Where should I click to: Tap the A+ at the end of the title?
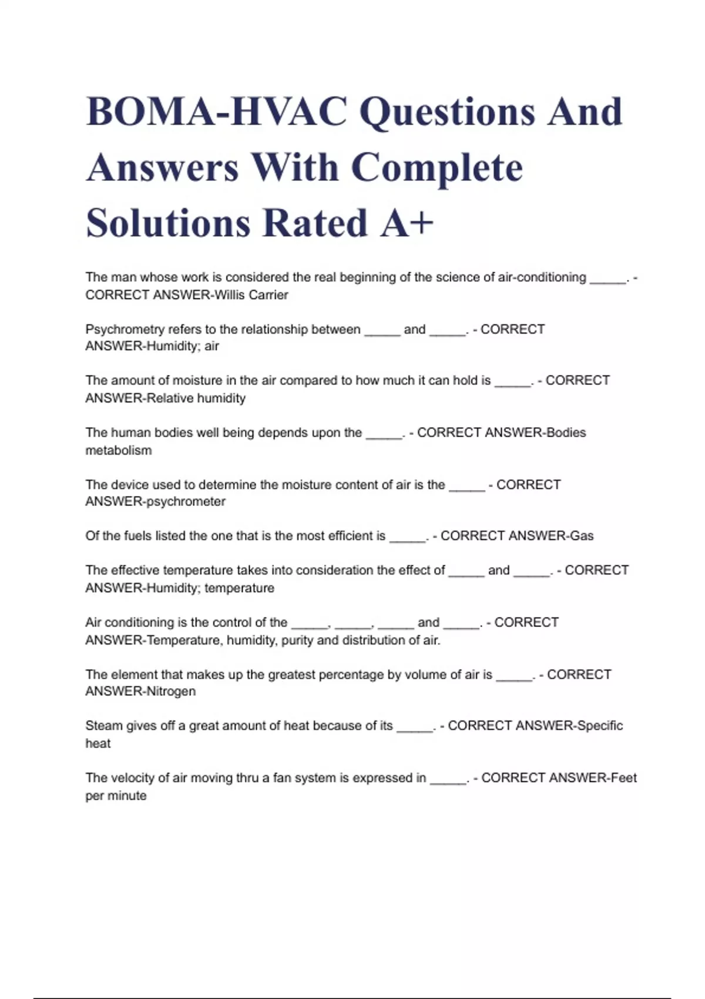coord(407,223)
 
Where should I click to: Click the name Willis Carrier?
coord(251,295)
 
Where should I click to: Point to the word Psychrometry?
coord(125,330)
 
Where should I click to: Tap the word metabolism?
coord(118,451)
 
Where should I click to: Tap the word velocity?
coord(136,778)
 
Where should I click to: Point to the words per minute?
coord(116,796)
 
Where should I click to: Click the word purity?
coord(297,641)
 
